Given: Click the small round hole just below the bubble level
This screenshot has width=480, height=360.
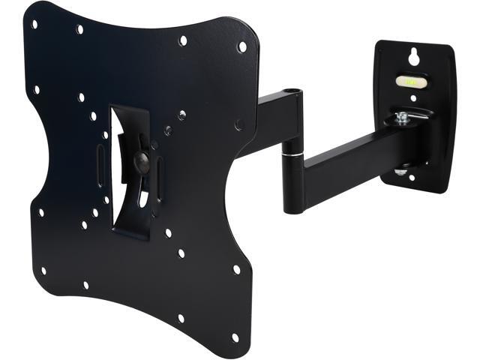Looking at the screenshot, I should pos(412,98).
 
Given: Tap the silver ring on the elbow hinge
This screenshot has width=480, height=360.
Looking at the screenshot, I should pos(295,154).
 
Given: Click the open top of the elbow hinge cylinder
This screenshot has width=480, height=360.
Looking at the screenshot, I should pos(292,93).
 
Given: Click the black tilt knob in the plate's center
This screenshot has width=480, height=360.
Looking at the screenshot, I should pos(140,160).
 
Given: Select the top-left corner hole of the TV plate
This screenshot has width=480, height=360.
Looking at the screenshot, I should pos(34,24).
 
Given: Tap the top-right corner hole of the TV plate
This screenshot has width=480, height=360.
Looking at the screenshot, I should pos(241,46).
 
